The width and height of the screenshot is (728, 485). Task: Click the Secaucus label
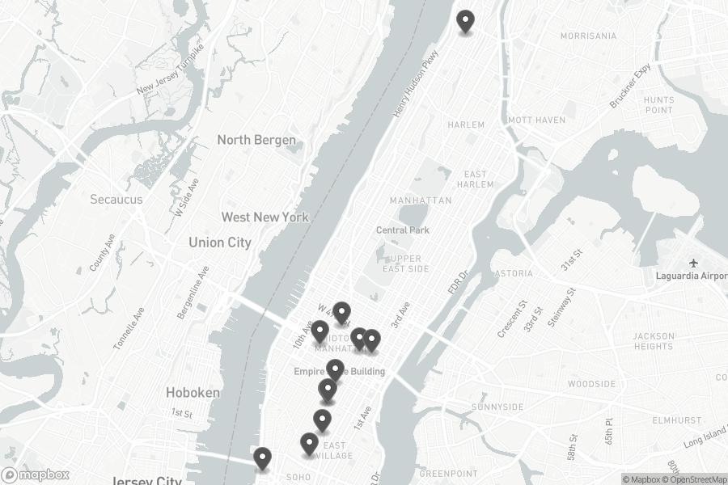point(116,199)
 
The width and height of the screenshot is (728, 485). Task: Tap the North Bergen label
point(256,140)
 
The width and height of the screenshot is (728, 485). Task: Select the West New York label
point(265,217)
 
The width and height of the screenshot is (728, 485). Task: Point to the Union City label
point(220,242)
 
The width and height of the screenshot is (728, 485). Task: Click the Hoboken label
point(193,392)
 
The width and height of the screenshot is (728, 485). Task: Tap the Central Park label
point(403,230)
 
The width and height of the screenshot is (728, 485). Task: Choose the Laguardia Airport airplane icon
point(693,263)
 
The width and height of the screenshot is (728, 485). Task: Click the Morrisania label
point(588,36)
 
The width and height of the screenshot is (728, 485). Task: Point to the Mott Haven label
point(536,120)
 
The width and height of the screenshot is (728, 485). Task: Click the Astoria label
point(514,274)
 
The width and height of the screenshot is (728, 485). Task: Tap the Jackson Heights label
point(654,341)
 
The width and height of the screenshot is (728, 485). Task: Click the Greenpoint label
point(442,473)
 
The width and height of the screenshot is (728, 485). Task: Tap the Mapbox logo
point(35,475)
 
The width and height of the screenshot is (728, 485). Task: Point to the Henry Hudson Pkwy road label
point(417,85)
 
